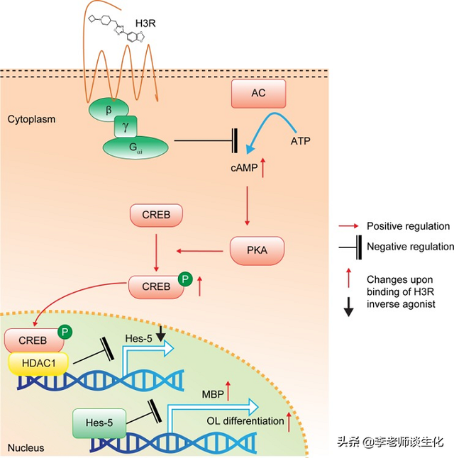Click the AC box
coord(258,93)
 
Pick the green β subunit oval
coord(109,111)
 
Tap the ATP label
coord(300,143)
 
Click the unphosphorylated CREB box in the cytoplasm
coord(155,213)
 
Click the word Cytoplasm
coord(31,119)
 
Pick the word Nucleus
coord(26,447)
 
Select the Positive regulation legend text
coord(408,226)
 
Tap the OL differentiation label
coord(245,420)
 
